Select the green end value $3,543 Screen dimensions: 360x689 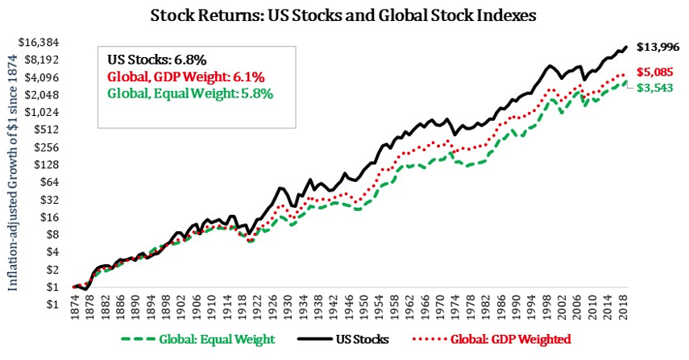[x=658, y=87]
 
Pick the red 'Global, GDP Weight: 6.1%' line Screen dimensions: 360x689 [x=186, y=77]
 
